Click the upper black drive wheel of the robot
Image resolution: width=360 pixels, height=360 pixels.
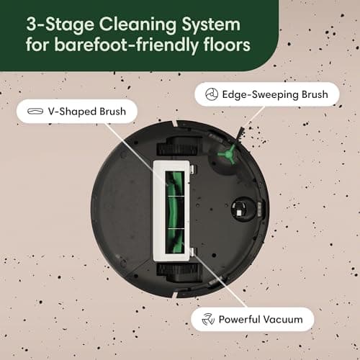coord(176,148)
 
